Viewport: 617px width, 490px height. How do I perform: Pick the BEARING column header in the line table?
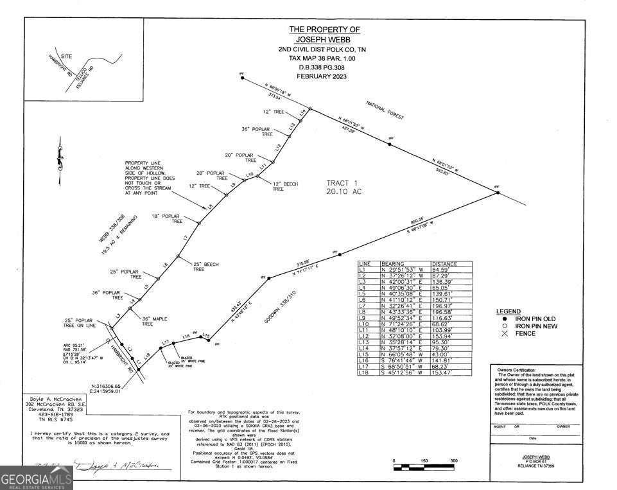coord(393,264)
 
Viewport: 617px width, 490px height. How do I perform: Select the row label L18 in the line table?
coord(365,373)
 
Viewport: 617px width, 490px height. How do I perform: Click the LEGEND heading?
coord(508,311)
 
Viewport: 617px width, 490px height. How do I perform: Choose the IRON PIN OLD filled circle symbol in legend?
coord(505,319)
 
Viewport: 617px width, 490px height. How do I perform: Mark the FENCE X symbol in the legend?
coord(505,334)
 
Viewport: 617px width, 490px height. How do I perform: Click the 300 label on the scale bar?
coord(454,461)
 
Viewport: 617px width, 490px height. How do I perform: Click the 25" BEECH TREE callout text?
coord(206,267)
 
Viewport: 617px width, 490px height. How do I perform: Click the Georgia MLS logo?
coord(36,478)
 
